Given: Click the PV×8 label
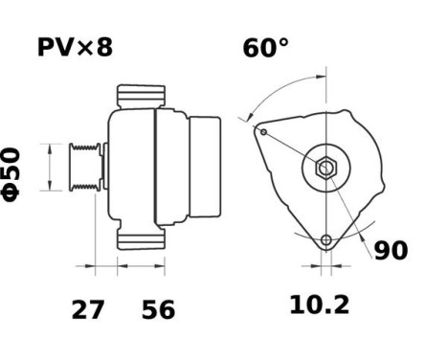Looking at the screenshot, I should [x=76, y=47].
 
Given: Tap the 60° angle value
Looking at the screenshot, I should [x=265, y=48].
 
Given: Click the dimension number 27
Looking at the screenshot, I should [x=90, y=309].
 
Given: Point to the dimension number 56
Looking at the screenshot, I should [x=159, y=309].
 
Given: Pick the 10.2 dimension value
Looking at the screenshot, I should [x=320, y=305].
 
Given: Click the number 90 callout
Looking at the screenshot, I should [x=391, y=251].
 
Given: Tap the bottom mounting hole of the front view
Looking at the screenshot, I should [x=326, y=239].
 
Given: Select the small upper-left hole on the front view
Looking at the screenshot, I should [x=262, y=132].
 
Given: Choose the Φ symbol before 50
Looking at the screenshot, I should [x=11, y=191].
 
